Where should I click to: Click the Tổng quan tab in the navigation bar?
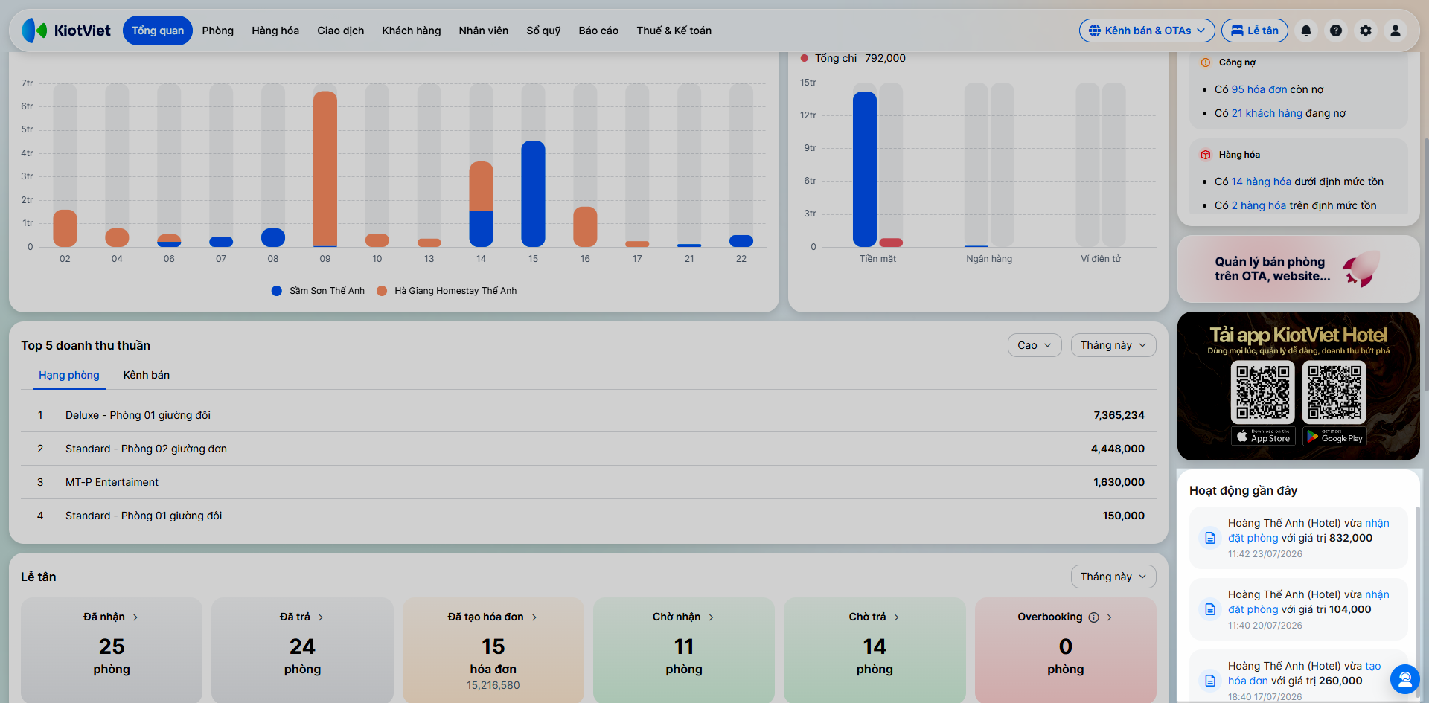[158, 31]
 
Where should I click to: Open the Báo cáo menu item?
[598, 31]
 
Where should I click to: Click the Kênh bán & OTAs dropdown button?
[1147, 31]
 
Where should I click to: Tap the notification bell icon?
[1306, 31]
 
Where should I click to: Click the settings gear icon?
[1366, 31]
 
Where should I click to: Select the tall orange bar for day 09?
[325, 168]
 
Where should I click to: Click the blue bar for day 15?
[534, 193]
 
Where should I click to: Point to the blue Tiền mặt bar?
[865, 169]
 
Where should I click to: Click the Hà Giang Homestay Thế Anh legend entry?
[447, 291]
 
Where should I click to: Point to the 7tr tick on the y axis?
[27, 83]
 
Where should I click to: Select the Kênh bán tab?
[147, 375]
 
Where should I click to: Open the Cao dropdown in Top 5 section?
[1035, 345]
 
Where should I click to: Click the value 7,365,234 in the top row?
[1119, 415]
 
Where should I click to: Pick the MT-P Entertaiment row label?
[112, 482]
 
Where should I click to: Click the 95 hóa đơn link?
[1259, 89]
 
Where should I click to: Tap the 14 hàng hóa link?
[1262, 182]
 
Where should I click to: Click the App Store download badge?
[1264, 437]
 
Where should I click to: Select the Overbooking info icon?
[1094, 617]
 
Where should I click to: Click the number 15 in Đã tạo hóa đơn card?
[493, 646]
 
